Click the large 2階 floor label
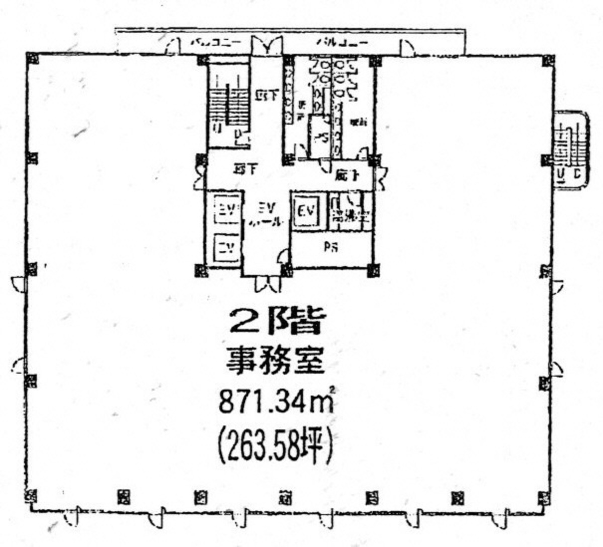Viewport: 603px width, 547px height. pyautogui.click(x=275, y=321)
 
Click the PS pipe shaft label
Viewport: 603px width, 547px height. pyautogui.click(x=330, y=247)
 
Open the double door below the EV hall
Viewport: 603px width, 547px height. pyautogui.click(x=268, y=284)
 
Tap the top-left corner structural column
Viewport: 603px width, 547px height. pyautogui.click(x=33, y=58)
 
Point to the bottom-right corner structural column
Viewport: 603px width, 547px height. pyautogui.click(x=545, y=498)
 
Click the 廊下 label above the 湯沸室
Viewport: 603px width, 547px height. pyautogui.click(x=347, y=176)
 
